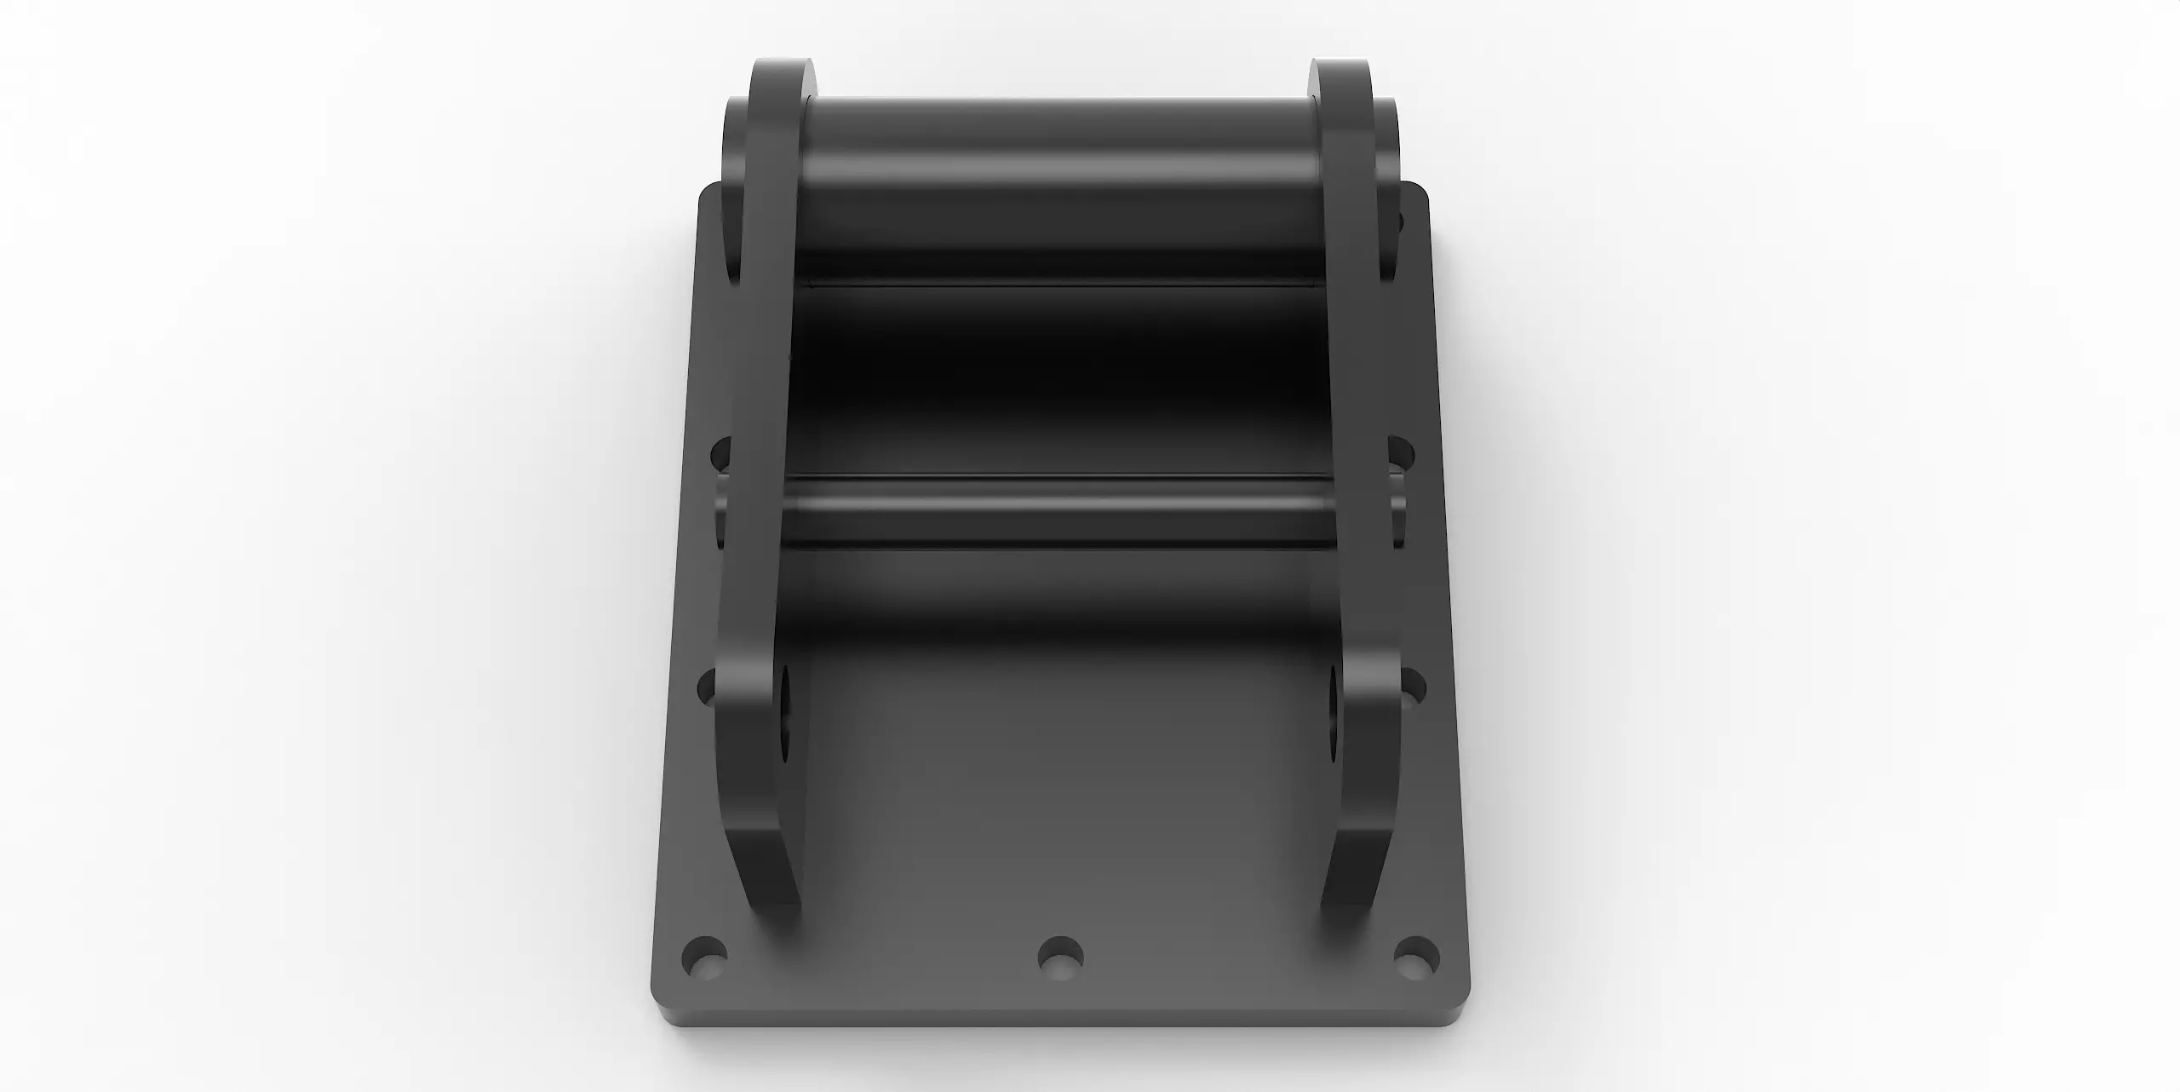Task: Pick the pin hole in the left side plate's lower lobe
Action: click(781, 716)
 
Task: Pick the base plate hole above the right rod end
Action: click(1400, 453)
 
